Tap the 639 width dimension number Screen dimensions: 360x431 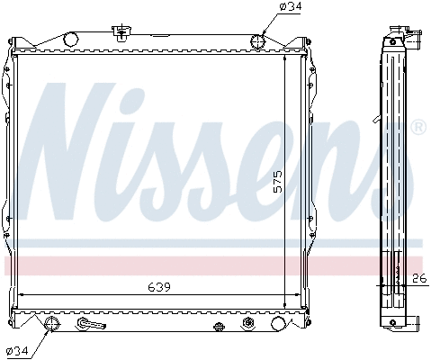coord(158,287)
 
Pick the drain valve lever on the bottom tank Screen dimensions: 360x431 coord(89,324)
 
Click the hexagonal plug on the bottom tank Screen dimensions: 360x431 coord(247,325)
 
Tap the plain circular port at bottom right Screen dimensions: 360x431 coord(277,325)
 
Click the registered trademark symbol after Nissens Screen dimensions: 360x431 coord(418,128)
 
